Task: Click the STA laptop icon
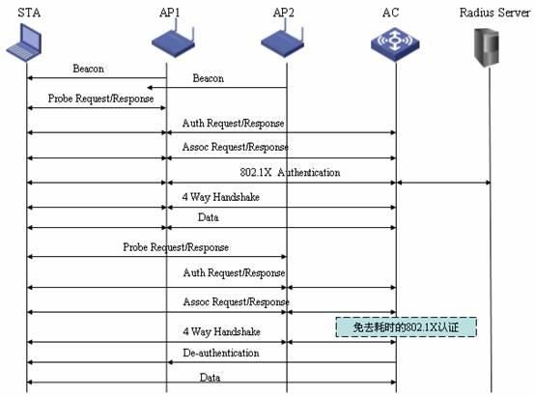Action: [24, 42]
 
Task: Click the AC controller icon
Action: [395, 44]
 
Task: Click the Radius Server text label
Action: [494, 13]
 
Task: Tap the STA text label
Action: [29, 13]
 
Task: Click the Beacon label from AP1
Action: [89, 69]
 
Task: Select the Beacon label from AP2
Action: [209, 78]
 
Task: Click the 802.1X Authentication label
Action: [290, 172]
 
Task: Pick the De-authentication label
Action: [221, 353]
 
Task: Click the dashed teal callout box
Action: [406, 327]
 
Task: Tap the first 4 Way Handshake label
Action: [221, 197]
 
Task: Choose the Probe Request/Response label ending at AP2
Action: [176, 247]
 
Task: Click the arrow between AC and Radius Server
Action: [443, 183]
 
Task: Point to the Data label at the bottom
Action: [210, 378]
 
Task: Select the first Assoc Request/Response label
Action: [236, 147]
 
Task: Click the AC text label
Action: [391, 13]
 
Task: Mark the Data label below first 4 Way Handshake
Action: [209, 217]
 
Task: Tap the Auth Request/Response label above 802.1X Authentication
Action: [234, 123]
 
